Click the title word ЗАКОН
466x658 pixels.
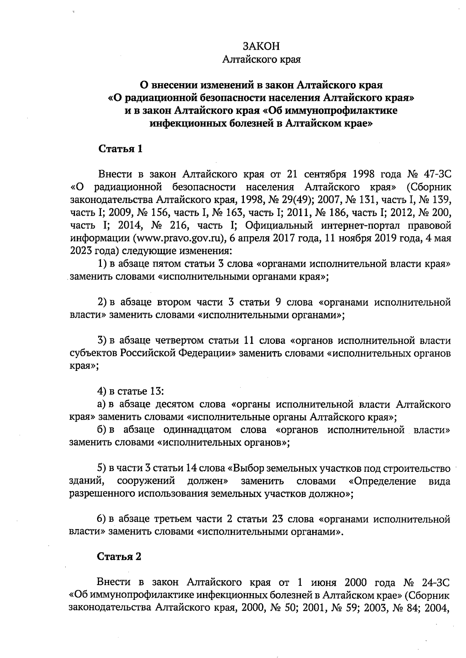click(x=261, y=46)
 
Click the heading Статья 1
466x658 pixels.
click(x=120, y=149)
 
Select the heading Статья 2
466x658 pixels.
click(x=119, y=557)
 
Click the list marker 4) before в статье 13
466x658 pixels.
click(x=102, y=391)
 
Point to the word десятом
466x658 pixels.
click(x=174, y=405)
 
